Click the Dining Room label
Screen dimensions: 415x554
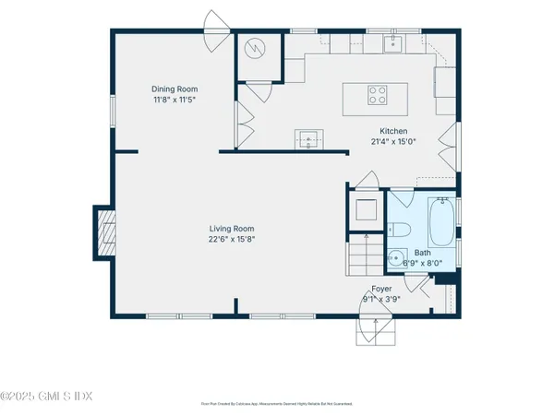(x=175, y=89)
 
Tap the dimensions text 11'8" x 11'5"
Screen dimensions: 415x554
(x=175, y=99)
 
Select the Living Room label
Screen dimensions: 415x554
(x=231, y=229)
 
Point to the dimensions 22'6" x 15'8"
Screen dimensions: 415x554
(x=231, y=239)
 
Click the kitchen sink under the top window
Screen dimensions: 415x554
(x=393, y=42)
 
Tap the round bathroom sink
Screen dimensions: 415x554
(x=396, y=259)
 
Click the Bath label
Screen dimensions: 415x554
(x=422, y=252)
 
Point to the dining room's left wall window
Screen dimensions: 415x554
(x=112, y=106)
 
